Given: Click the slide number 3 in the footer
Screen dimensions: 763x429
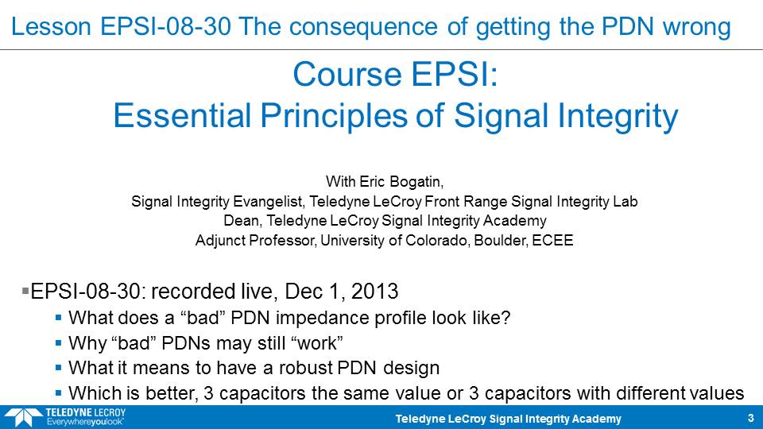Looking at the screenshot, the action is (750, 419).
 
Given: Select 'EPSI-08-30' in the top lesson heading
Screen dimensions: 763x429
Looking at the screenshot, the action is (165, 26).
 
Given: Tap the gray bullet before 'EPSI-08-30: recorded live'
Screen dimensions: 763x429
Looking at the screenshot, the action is (25, 291).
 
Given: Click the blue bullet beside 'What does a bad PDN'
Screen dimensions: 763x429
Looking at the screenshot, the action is (58, 318).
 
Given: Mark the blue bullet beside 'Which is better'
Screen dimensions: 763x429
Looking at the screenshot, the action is (58, 392).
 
